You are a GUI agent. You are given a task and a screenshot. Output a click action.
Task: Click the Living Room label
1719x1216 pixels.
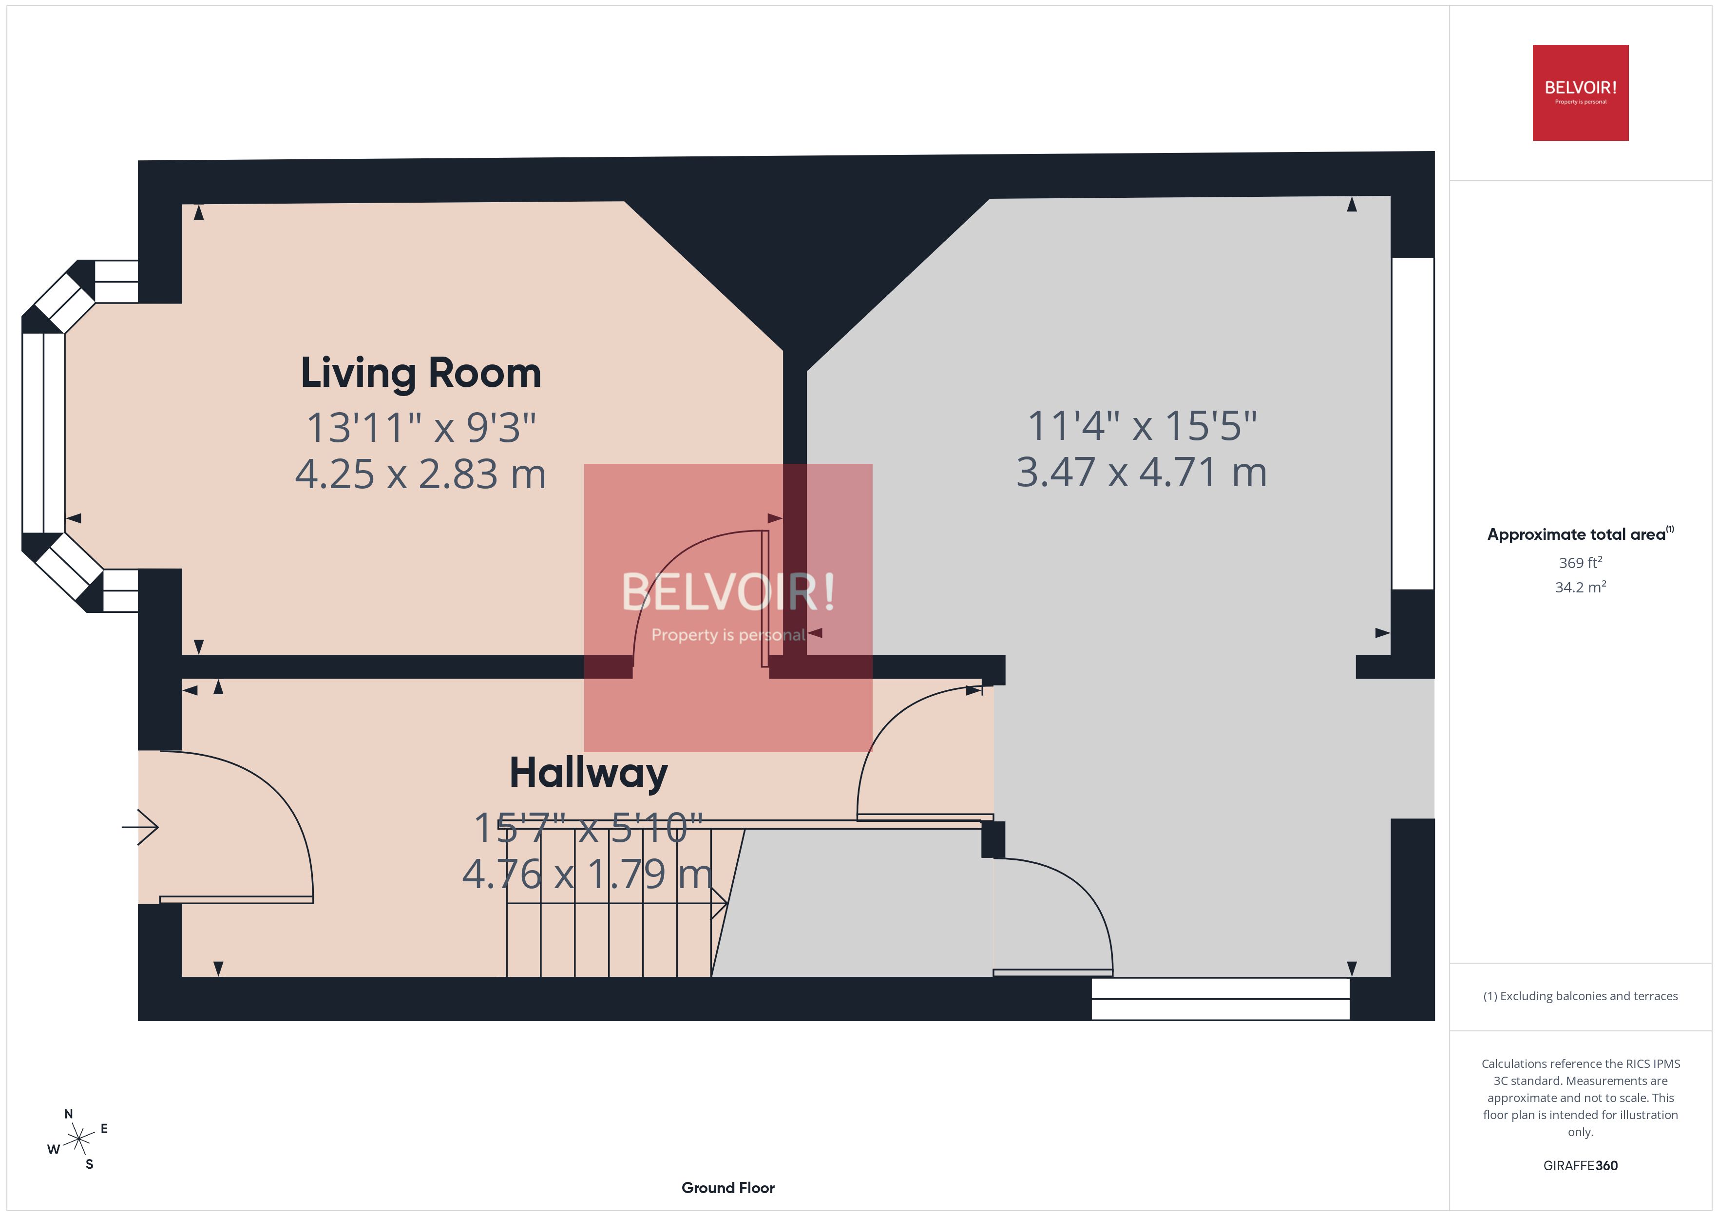tap(421, 373)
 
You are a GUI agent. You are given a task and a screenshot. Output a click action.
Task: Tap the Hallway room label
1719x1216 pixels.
tap(589, 773)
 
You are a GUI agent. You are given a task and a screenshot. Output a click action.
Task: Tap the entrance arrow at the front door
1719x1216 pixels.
tap(141, 827)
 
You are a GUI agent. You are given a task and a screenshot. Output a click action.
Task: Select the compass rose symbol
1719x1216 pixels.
tap(78, 1140)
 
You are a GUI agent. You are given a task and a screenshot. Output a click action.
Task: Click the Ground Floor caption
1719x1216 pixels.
tap(728, 1188)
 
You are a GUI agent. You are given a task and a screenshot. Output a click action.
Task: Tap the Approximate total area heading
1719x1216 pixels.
tap(1578, 534)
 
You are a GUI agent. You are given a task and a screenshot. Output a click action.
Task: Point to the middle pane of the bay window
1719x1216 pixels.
tap(43, 433)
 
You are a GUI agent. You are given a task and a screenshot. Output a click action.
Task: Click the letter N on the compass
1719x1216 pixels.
tap(69, 1114)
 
